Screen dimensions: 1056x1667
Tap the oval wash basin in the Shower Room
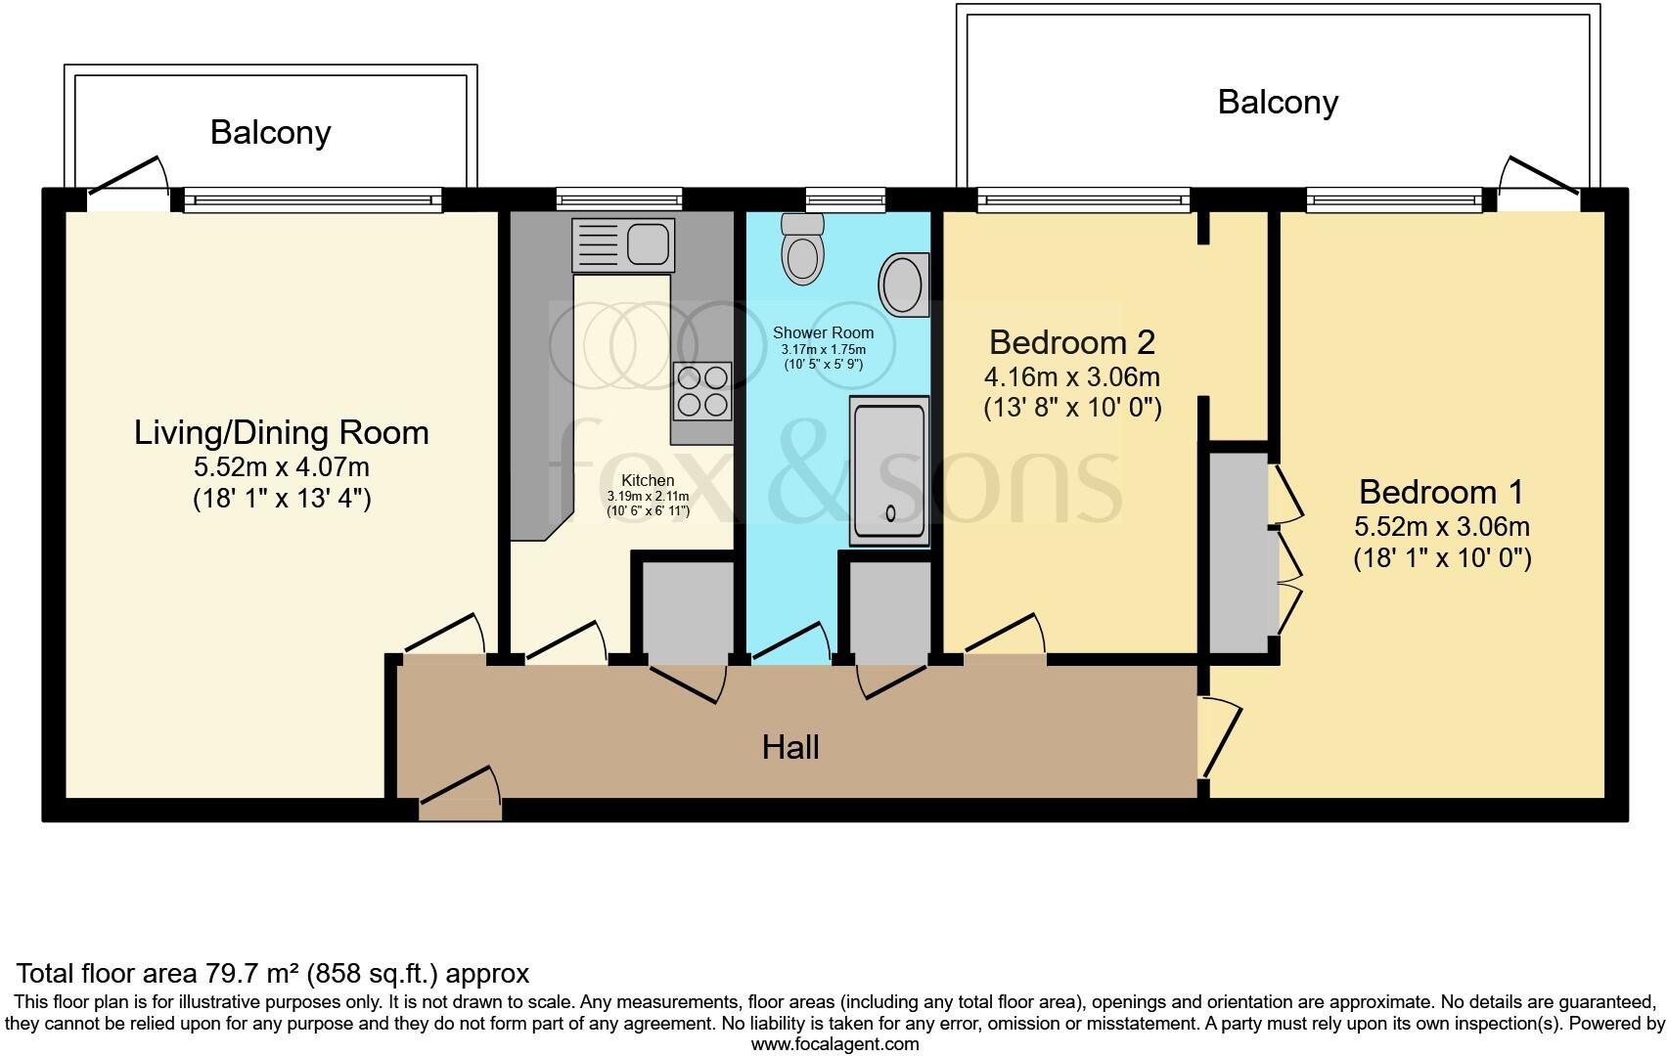pyautogui.click(x=904, y=285)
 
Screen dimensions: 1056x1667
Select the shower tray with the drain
pyautogui.click(x=889, y=468)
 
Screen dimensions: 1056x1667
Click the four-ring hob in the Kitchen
pyautogui.click(x=702, y=390)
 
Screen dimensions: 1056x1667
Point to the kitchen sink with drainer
pyautogui.click(x=623, y=243)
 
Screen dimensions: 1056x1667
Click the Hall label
pyautogui.click(x=790, y=748)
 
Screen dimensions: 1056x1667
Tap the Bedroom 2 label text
pyautogui.click(x=1072, y=342)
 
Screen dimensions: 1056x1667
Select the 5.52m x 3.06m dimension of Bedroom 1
pyautogui.click(x=1442, y=527)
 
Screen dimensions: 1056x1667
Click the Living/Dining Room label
pyautogui.click(x=282, y=433)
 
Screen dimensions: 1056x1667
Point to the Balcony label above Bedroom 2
pyautogui.click(x=1278, y=102)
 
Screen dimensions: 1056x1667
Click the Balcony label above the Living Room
pyautogui.click(x=271, y=133)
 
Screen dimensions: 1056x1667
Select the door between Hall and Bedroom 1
pyautogui.click(x=1221, y=736)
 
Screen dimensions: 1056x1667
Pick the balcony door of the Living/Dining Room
pyautogui.click(x=127, y=181)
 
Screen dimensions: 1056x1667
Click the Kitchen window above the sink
pyautogui.click(x=619, y=199)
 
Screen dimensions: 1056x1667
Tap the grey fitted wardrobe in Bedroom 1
pyautogui.click(x=1238, y=552)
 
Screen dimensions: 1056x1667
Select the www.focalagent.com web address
pyautogui.click(x=834, y=1043)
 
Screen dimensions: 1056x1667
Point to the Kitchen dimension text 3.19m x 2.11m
pyautogui.click(x=648, y=497)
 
